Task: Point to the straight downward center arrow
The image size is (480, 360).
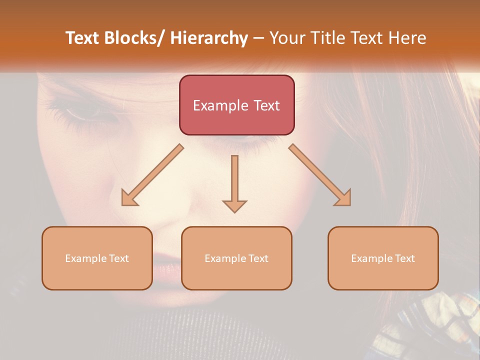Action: [x=234, y=182]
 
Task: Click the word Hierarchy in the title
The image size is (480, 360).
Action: [x=209, y=38]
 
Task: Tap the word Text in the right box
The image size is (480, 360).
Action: [x=404, y=258]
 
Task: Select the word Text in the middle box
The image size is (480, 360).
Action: [x=258, y=258]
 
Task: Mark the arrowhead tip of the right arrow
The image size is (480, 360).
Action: [x=350, y=205]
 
